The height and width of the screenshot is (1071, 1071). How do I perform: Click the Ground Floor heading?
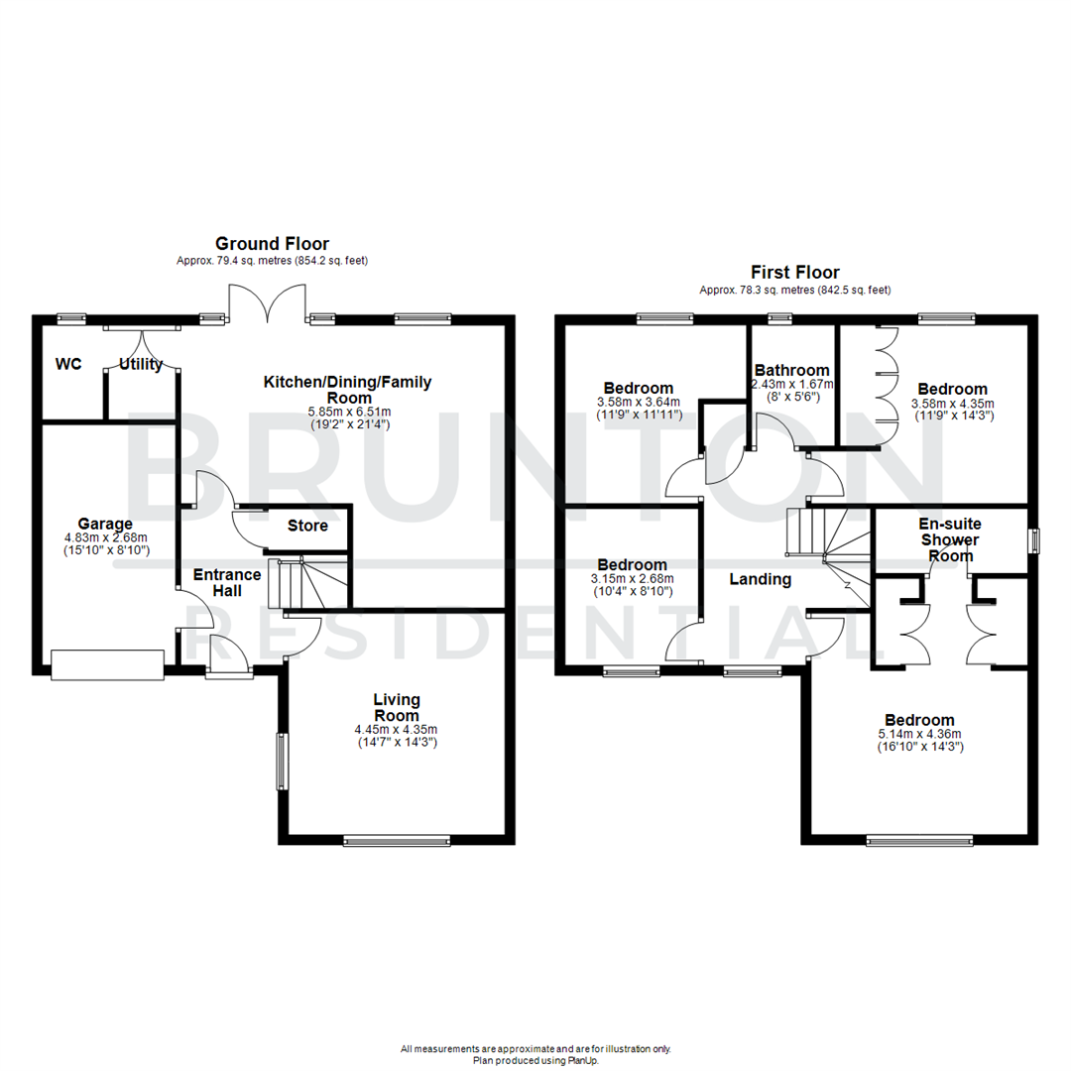click(x=272, y=243)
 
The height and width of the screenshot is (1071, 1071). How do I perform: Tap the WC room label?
click(x=68, y=364)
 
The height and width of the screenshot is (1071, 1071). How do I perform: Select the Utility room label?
click(x=141, y=365)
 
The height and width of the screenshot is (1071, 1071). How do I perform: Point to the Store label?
click(x=307, y=525)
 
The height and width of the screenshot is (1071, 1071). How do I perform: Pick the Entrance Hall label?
click(x=227, y=582)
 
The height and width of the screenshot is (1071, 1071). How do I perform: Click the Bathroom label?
click(x=791, y=370)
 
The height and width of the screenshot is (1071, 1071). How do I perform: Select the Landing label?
click(x=761, y=579)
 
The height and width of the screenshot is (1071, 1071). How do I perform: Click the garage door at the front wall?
click(x=107, y=664)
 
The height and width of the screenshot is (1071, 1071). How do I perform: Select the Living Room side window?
click(x=282, y=761)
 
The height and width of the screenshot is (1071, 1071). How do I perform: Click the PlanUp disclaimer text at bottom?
click(x=535, y=1054)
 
